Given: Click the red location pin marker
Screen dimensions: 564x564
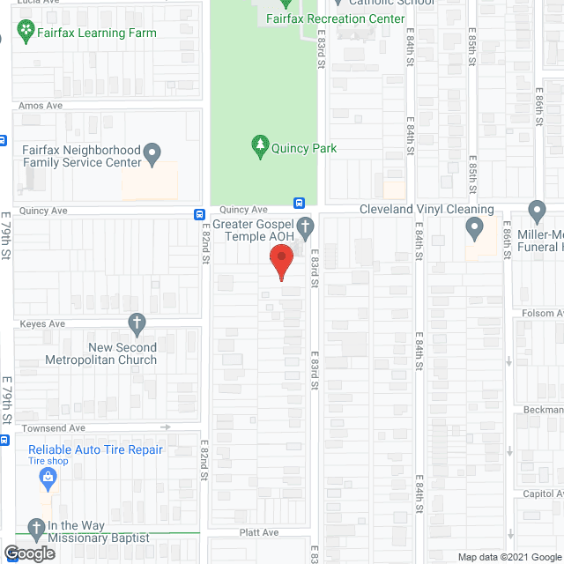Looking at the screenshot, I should pyautogui.click(x=280, y=263).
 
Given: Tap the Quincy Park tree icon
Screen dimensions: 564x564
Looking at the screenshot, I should pyautogui.click(x=260, y=146).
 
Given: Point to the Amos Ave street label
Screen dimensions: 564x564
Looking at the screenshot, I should pyautogui.click(x=41, y=106).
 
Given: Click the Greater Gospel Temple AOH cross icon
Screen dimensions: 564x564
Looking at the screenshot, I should pyautogui.click(x=305, y=227).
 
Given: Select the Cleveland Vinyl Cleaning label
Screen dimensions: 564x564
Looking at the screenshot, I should pyautogui.click(x=427, y=210).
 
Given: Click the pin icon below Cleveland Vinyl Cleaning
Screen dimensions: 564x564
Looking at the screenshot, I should pyautogui.click(x=475, y=230).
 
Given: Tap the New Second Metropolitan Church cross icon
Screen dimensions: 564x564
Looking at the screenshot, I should pyautogui.click(x=137, y=323).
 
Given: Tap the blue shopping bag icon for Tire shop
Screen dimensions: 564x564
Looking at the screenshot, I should pyautogui.click(x=49, y=479).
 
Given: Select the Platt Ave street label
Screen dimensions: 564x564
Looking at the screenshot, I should pyautogui.click(x=259, y=532).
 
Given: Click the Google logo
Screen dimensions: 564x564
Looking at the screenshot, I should pyautogui.click(x=29, y=553).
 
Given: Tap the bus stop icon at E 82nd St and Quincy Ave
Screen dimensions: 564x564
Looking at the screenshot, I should pyautogui.click(x=200, y=214).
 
